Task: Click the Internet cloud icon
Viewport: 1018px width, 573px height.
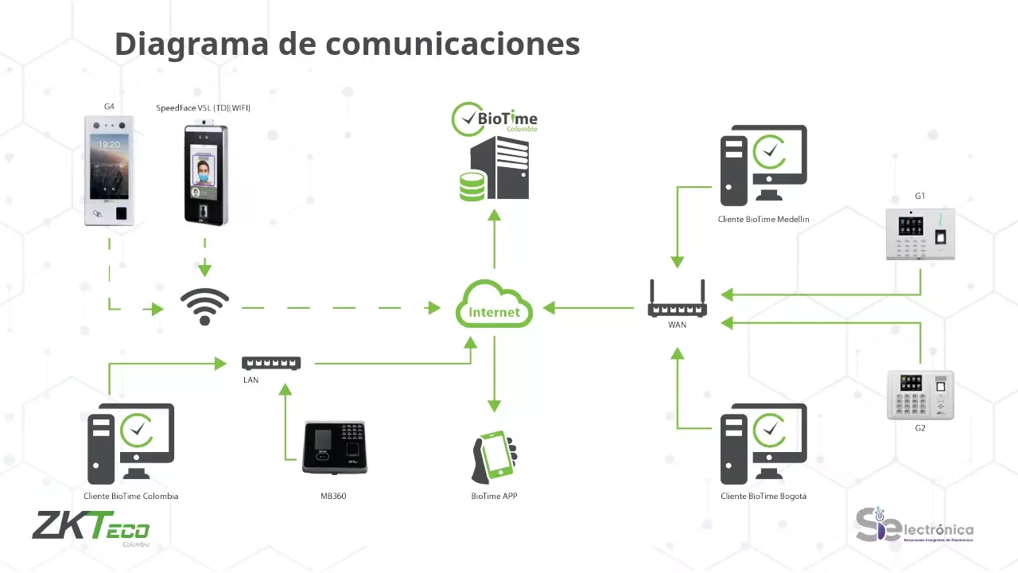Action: pyautogui.click(x=494, y=304)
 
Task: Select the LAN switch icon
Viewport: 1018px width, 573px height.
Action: pyautogui.click(x=271, y=363)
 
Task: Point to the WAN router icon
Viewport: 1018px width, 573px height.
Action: pyautogui.click(x=677, y=300)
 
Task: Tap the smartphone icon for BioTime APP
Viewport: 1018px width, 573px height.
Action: pyautogui.click(x=494, y=457)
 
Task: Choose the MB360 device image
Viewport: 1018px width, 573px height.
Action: pyautogui.click(x=334, y=447)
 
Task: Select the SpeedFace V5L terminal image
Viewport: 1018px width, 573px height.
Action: pyautogui.click(x=204, y=174)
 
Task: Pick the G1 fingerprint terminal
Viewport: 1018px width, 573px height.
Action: pyautogui.click(x=920, y=234)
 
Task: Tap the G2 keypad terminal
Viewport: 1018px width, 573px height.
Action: pyautogui.click(x=920, y=395)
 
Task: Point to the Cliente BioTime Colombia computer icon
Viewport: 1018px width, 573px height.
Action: pyautogui.click(x=130, y=443)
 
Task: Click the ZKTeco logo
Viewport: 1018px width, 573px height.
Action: pyautogui.click(x=91, y=527)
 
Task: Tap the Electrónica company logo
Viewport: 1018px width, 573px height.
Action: pyautogui.click(x=915, y=526)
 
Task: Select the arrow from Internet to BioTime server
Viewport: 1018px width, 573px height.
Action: pyautogui.click(x=494, y=239)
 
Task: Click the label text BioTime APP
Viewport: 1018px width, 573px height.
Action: pyautogui.click(x=494, y=496)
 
